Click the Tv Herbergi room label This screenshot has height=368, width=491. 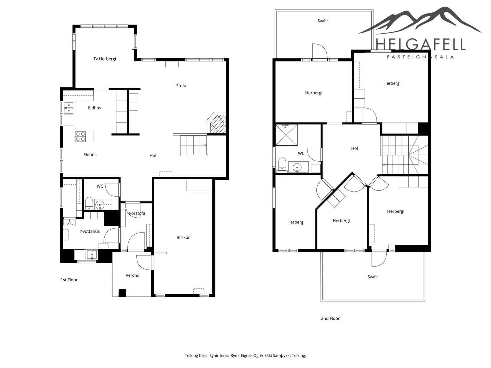click(105, 59)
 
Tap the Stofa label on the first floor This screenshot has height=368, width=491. click(181, 86)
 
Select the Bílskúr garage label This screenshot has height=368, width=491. click(183, 237)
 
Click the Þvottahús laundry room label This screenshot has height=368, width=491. click(90, 231)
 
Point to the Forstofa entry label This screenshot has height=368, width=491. click(137, 213)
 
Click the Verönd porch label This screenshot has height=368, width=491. click(133, 275)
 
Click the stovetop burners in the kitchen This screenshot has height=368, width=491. click(80, 137)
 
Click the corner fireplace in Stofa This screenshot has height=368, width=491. click(218, 123)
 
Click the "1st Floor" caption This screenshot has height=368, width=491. click(69, 280)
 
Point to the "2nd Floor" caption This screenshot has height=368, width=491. click(330, 319)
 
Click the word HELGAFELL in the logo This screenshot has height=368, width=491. click(420, 45)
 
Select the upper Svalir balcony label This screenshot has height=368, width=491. click(323, 21)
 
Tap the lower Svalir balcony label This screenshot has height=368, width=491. click(373, 277)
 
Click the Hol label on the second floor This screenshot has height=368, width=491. click(355, 149)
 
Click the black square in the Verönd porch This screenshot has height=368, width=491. click(123, 293)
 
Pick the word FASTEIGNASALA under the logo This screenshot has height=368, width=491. click(421, 57)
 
